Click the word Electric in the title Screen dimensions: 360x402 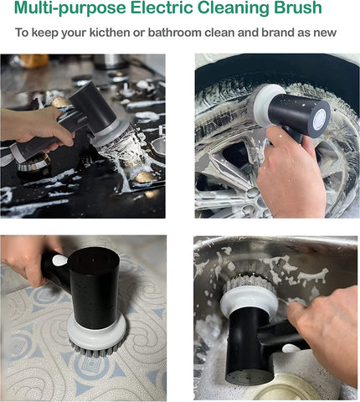point(162,8)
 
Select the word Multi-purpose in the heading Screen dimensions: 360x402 point(69,8)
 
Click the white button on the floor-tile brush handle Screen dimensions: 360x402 point(59,260)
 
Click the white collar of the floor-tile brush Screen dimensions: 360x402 point(96,329)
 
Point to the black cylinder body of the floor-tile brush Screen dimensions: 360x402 point(94,287)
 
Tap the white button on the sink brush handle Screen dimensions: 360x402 point(291,348)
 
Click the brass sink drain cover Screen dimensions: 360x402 point(282,389)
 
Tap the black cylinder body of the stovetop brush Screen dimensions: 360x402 point(95,107)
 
